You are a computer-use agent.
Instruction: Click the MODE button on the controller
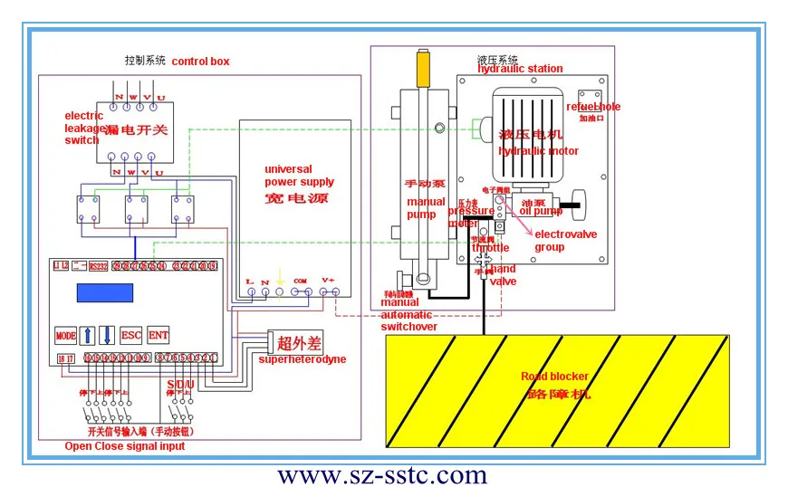coord(65,335)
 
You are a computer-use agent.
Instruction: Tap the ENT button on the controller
coord(159,335)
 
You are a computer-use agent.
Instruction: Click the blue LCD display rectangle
coord(98,294)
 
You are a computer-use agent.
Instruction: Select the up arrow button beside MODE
coord(88,335)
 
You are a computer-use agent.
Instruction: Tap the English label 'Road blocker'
coord(554,377)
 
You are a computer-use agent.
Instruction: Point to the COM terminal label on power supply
coord(302,281)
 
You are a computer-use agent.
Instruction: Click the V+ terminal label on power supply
coord(328,281)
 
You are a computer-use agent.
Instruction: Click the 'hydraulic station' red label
coord(520,69)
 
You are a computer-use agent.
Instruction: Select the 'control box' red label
coord(200,62)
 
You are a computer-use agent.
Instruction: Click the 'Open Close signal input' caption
coord(124,446)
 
